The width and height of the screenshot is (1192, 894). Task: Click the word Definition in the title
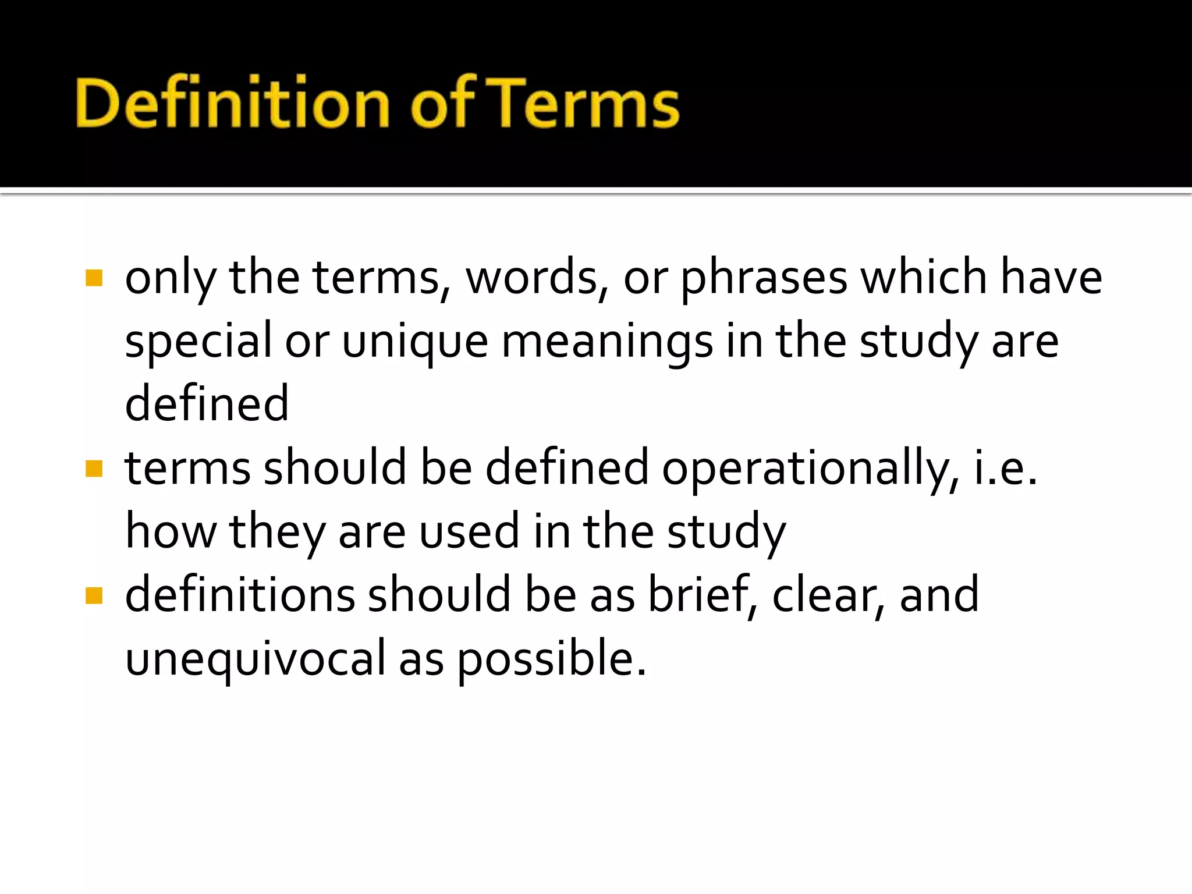point(232,104)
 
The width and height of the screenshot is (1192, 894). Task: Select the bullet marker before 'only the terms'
point(94,278)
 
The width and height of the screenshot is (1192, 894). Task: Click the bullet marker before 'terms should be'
point(94,469)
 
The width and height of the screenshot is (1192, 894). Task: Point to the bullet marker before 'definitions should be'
point(94,595)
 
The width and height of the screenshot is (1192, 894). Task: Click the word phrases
point(764,278)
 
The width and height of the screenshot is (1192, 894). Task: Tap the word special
point(198,342)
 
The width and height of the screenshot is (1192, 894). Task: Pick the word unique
point(414,342)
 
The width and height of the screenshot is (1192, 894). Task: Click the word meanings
point(606,342)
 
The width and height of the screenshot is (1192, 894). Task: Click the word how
point(171,531)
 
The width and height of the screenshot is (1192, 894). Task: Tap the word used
point(469,531)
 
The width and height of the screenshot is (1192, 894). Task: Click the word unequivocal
point(256,659)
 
